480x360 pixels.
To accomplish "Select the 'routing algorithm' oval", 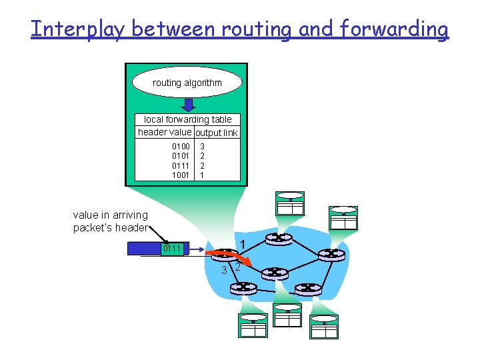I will coord(187,83).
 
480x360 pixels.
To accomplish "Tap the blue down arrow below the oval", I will coord(189,104).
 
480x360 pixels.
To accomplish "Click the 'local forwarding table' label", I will coord(188,119).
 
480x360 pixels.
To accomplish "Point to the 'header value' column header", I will coord(164,132).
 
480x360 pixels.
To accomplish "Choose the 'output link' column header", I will coord(217,133).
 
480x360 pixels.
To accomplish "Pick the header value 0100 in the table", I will coord(181,146).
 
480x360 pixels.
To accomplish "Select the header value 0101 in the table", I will coord(181,155).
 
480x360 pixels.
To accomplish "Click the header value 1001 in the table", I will coord(181,175).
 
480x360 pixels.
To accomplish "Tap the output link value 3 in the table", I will coord(203,146).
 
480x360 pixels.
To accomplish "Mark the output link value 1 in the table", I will coord(203,175).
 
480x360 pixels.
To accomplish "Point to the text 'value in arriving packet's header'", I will coord(111,221).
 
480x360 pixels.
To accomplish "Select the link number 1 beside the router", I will coord(244,244).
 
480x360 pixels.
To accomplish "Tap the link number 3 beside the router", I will coord(225,270).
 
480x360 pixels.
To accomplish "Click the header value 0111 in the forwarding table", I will coord(181,165).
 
